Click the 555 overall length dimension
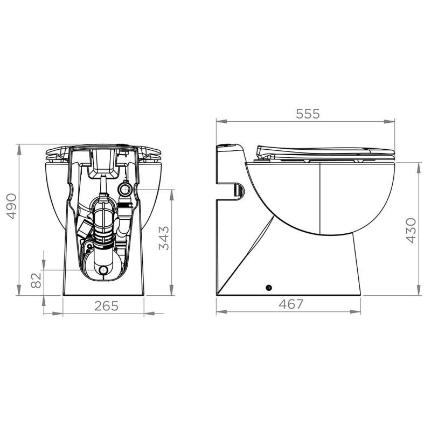(x=308, y=114)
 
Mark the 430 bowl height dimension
(x=411, y=231)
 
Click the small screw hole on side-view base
(x=269, y=287)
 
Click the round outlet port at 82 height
(x=102, y=270)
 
